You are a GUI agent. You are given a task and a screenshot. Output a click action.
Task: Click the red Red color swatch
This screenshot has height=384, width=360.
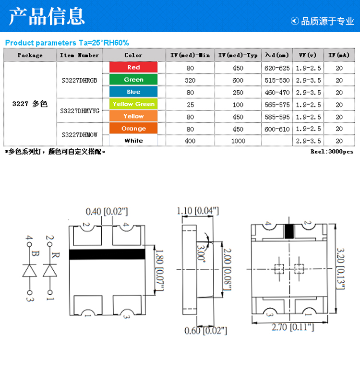[133, 67]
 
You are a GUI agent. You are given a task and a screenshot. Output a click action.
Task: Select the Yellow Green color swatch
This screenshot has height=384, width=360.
[133, 104]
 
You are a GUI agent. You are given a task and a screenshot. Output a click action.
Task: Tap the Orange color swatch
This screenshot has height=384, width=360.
[133, 128]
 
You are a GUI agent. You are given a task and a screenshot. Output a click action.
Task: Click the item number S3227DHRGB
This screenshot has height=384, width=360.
[79, 80]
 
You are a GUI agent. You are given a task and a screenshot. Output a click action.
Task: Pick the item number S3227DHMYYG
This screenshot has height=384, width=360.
[80, 111]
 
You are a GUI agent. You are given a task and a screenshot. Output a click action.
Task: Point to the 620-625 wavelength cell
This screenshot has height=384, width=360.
[277, 68]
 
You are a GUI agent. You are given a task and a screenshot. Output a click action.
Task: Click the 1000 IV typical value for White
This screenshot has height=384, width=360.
[238, 141]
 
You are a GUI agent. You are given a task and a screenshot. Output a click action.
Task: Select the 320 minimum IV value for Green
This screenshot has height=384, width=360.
[190, 80]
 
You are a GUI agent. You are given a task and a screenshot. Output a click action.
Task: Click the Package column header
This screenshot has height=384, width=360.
[30, 55]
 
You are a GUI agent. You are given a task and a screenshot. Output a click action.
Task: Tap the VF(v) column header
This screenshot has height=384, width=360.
[308, 55]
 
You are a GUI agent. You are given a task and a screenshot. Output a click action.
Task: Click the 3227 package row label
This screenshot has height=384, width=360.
[30, 104]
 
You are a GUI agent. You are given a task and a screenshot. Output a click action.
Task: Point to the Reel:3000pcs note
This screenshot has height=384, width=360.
[332, 152]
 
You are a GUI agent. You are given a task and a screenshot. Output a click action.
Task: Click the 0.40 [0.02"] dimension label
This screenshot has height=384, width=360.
[107, 211]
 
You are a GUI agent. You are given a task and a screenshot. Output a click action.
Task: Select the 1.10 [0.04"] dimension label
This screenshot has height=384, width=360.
[198, 211]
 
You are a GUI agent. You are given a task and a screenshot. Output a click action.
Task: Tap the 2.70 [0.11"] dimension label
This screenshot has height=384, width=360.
[293, 327]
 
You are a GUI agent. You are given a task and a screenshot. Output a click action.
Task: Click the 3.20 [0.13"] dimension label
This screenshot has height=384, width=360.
[341, 269]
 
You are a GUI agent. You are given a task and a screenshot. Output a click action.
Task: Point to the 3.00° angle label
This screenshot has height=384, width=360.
[201, 254]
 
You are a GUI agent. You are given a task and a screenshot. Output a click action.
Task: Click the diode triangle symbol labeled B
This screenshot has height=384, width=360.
[30, 270]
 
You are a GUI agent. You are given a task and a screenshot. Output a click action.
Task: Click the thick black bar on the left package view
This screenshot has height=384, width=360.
[107, 254]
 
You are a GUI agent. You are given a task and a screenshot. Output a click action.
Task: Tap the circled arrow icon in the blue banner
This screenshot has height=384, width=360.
[295, 21]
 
